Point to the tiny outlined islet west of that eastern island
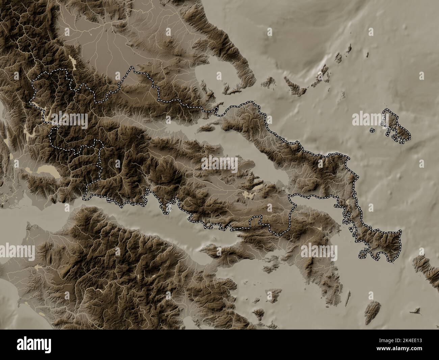point(372,130)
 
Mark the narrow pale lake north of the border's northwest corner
point(73,62)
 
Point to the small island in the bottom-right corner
point(416,310)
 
